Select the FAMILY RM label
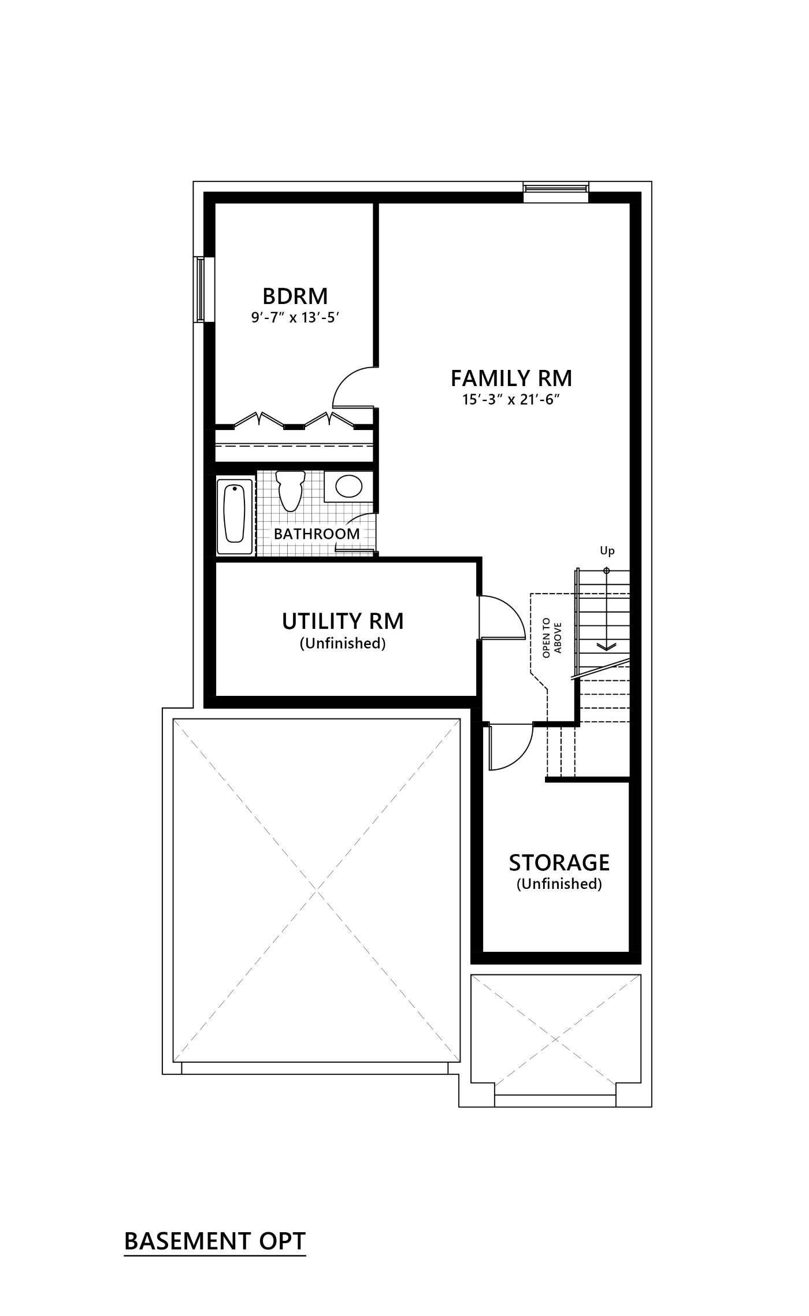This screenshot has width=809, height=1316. pos(511,378)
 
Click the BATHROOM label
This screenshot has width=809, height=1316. pos(317,533)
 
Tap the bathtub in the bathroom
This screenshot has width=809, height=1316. pos(235,513)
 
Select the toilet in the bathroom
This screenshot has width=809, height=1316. pos(289,489)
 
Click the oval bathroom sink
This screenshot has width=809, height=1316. pos(347,487)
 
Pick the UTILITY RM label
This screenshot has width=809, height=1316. pos(343,621)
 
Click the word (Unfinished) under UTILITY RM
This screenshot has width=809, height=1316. pos(343,643)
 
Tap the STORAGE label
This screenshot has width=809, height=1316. pos(559,862)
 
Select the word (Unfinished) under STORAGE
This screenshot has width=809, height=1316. pos(559,884)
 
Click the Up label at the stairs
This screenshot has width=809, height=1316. pos(607,551)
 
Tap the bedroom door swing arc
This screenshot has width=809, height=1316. pos(351,386)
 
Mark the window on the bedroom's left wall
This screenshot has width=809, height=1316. pos(199,289)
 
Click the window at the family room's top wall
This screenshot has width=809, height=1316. pos(555,188)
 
